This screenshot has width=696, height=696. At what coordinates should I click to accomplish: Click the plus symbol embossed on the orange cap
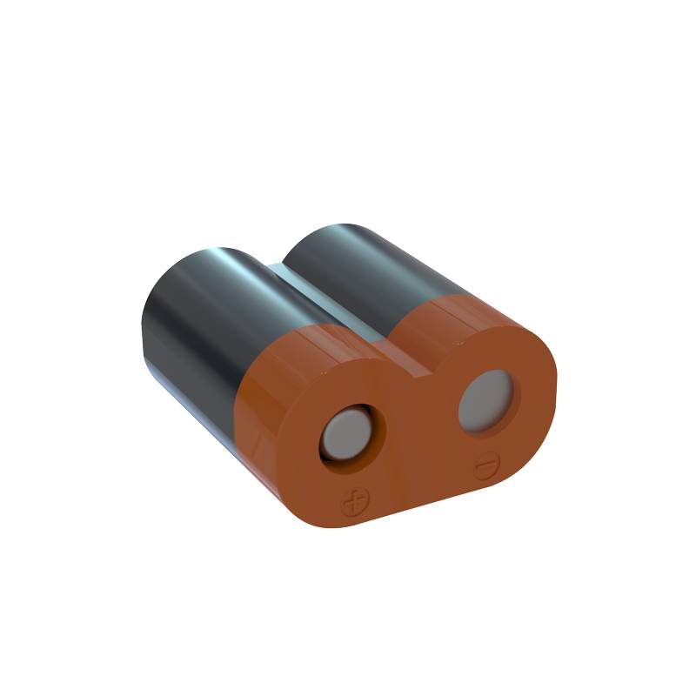(354, 503)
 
